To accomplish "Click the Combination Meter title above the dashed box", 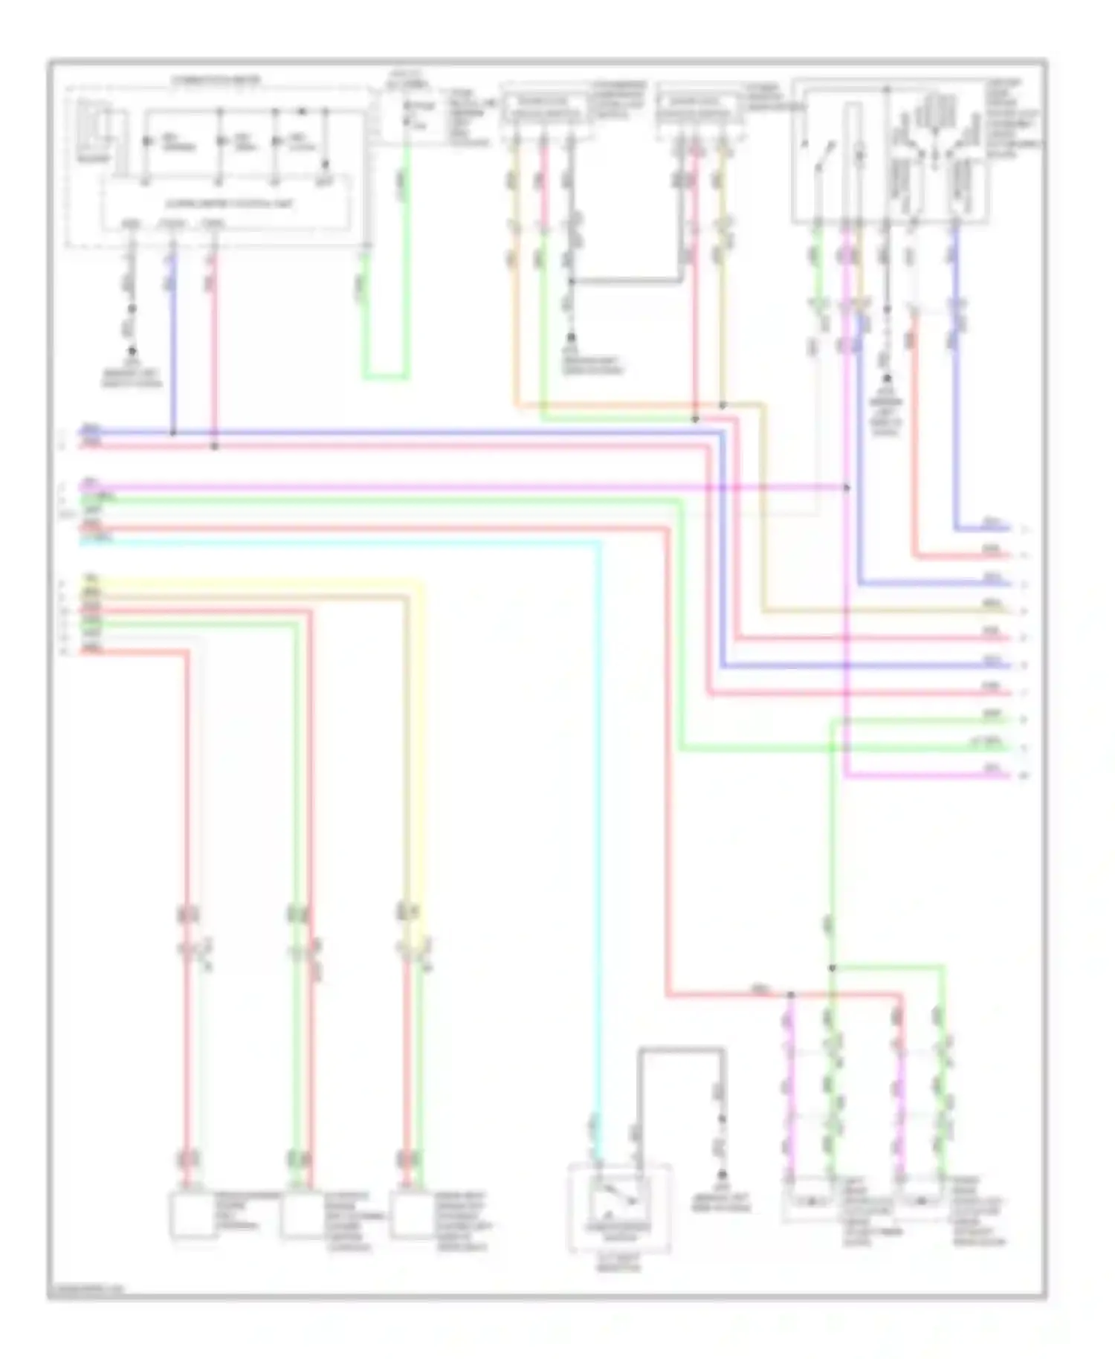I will coord(216,80).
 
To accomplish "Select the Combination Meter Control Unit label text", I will coord(230,204).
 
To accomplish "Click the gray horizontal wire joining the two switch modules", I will coord(626,281).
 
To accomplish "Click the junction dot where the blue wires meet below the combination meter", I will coord(173,431).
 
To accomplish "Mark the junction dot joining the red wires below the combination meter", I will coord(214,446).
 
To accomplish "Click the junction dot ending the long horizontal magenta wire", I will coord(847,488).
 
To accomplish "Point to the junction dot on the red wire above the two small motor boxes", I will coord(790,994).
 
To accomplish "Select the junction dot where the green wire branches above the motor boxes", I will coord(832,967).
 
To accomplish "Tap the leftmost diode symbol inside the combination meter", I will coord(146,141).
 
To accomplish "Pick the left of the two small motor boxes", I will coord(811,1201).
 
